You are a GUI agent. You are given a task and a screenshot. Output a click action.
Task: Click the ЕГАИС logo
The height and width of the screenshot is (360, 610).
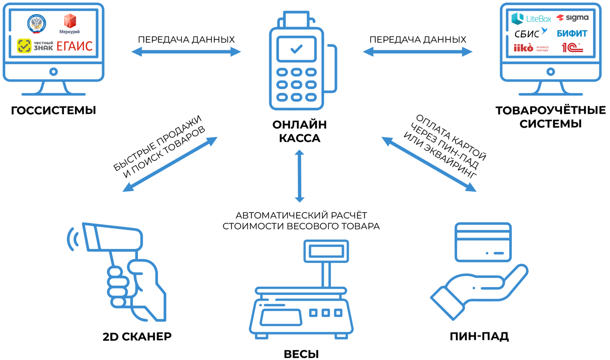tap(74, 46)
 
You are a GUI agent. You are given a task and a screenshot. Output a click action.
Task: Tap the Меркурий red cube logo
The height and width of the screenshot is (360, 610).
tap(70, 21)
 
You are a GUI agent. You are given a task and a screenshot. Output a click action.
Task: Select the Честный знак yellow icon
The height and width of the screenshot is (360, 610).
tap(24, 46)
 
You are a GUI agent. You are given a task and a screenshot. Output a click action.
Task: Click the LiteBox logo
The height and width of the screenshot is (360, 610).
tap(531, 19)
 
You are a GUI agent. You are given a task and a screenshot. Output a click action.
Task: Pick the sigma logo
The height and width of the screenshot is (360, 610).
tap(573, 17)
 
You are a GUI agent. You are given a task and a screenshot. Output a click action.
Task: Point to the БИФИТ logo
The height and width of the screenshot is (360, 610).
tap(572, 33)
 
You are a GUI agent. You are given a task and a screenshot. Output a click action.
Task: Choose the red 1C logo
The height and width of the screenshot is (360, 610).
tap(572, 48)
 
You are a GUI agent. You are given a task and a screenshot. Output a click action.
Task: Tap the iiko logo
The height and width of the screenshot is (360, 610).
tap(523, 48)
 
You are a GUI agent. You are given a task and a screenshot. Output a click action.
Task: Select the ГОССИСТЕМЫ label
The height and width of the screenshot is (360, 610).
tap(53, 110)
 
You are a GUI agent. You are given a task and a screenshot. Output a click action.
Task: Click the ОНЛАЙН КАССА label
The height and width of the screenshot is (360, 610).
tap(300, 131)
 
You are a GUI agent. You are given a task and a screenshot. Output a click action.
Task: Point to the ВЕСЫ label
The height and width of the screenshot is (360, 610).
tap(301, 354)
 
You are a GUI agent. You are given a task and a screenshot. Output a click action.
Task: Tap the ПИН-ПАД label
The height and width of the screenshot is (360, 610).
tap(479, 336)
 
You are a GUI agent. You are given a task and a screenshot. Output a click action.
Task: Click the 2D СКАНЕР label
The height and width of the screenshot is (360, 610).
tap(137, 337)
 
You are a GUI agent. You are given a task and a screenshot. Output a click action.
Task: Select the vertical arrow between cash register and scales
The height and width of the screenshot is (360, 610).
tap(300, 176)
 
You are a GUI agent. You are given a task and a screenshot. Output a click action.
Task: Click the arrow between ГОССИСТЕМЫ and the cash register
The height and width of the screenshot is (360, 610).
tap(186, 52)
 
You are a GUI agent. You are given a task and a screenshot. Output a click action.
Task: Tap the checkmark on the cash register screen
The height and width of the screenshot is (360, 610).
tap(297, 49)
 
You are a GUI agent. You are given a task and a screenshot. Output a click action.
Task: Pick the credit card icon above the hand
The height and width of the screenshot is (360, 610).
tap(483, 242)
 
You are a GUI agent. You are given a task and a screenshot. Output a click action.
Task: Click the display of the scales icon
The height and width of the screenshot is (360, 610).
tap(326, 251)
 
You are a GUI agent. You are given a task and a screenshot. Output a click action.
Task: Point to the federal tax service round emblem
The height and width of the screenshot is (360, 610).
tap(36, 24)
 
